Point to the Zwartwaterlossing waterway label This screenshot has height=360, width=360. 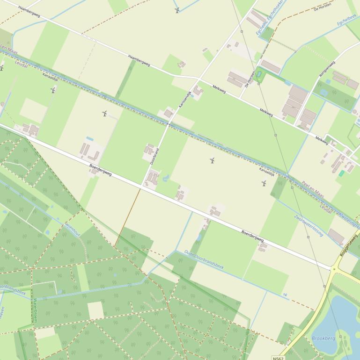[309, 225]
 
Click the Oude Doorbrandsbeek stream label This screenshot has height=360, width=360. [204, 260]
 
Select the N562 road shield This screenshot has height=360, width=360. [278, 358]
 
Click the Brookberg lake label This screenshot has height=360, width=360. [323, 338]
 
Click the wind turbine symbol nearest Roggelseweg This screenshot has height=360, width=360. [264, 183]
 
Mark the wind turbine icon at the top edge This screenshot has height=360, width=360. [177, 10]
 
